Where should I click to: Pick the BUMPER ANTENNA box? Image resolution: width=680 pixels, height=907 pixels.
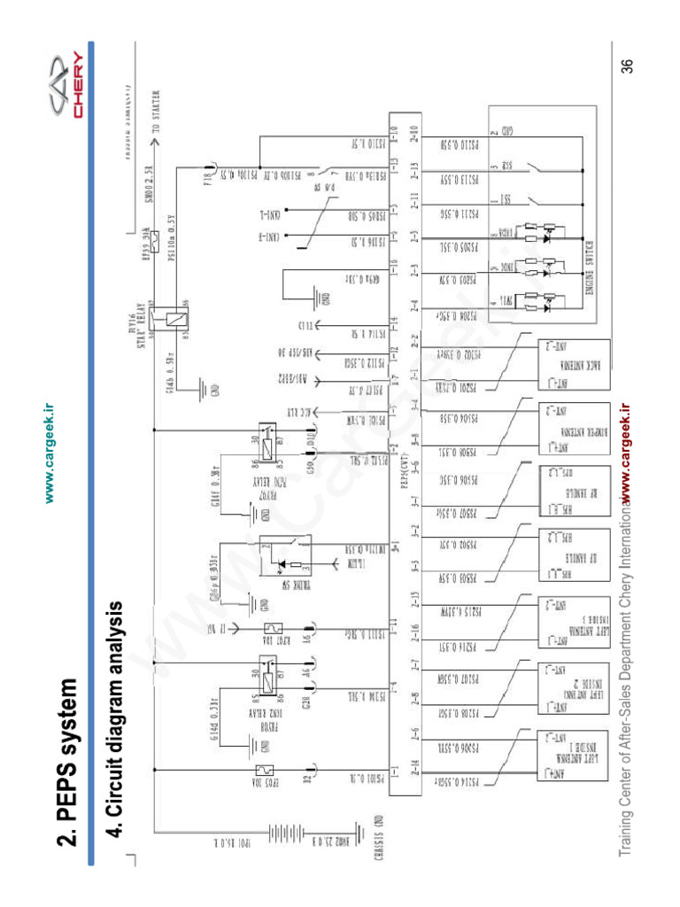tap(560, 435)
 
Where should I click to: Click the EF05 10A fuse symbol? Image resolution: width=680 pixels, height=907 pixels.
tap(264, 771)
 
